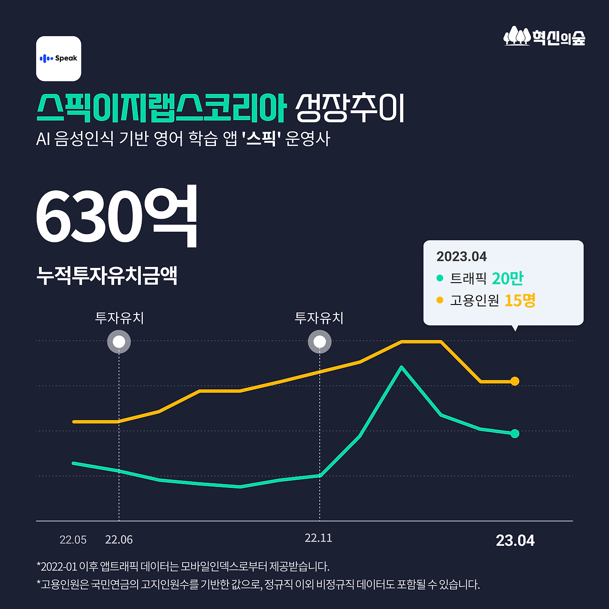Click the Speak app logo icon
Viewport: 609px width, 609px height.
[59, 59]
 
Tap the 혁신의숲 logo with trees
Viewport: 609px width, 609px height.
[544, 37]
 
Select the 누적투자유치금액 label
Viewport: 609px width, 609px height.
[107, 275]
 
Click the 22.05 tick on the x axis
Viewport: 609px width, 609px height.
[73, 540]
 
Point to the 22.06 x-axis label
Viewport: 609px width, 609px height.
[119, 540]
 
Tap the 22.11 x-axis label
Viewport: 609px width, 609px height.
[318, 538]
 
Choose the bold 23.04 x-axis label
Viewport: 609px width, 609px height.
[515, 540]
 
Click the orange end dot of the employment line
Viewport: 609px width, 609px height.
[515, 381]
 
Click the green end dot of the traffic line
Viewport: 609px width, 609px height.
[515, 433]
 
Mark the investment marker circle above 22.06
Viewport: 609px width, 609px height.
[119, 342]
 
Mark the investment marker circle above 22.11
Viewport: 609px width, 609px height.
[320, 342]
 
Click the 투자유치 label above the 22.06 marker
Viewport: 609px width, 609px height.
[119, 318]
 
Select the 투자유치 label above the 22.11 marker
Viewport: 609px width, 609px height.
[319, 318]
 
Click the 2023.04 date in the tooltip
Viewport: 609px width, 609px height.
[462, 257]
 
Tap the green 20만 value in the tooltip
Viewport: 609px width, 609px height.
[508, 278]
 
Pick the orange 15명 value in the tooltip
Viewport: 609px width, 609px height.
[520, 300]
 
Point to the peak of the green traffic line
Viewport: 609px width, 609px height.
[402, 367]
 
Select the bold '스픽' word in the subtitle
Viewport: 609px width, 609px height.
[261, 139]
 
